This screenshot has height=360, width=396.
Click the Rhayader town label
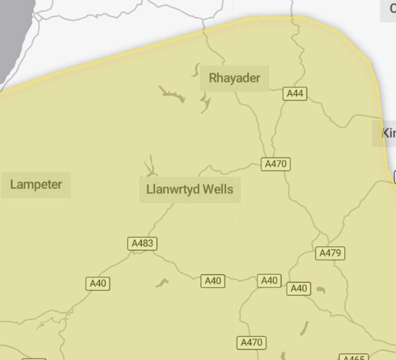point(235,78)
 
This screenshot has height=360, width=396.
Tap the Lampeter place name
point(36,184)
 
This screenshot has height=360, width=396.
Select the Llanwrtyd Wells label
point(190,189)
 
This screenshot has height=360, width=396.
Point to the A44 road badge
point(295,94)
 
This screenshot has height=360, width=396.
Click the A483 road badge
point(143,244)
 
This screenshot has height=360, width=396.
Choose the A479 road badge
point(330,253)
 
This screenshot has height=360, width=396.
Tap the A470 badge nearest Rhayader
point(276,164)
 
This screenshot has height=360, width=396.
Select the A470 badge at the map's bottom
point(251,343)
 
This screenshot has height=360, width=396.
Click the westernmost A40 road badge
point(98,283)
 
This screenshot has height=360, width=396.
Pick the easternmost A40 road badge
point(299,289)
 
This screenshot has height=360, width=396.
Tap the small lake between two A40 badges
point(162,282)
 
